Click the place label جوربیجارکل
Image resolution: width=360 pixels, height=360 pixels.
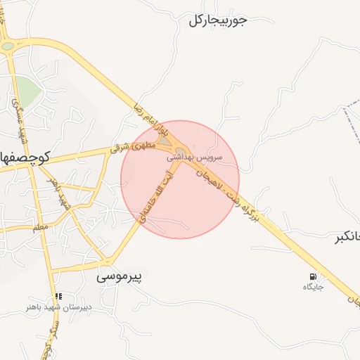pos(218,20)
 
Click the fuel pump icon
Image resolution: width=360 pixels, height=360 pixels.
pos(312,276)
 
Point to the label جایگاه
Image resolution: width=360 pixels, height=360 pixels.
pos(312,287)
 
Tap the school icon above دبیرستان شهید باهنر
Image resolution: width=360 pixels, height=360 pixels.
pos(58,297)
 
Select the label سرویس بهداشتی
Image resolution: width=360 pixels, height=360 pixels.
pos(195,157)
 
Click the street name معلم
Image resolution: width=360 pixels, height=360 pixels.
pos(41,227)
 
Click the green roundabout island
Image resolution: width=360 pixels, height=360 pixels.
pos(8,46)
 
